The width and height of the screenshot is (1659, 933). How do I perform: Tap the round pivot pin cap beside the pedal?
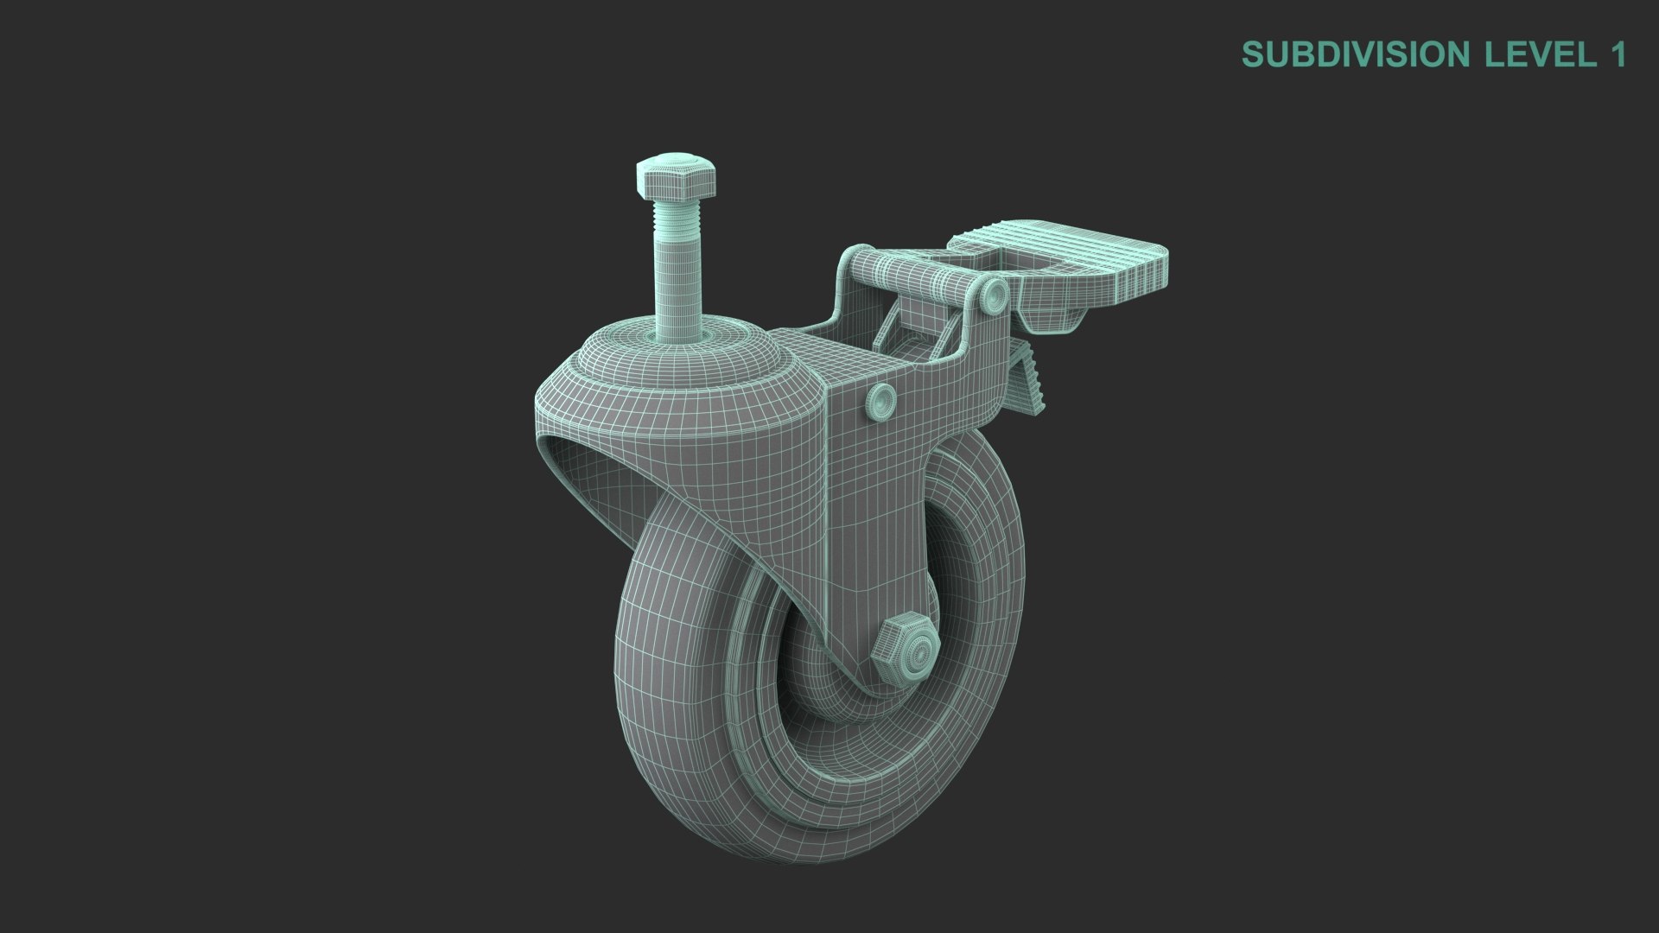tap(995, 297)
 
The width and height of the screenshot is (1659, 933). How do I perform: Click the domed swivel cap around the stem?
tap(683, 354)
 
